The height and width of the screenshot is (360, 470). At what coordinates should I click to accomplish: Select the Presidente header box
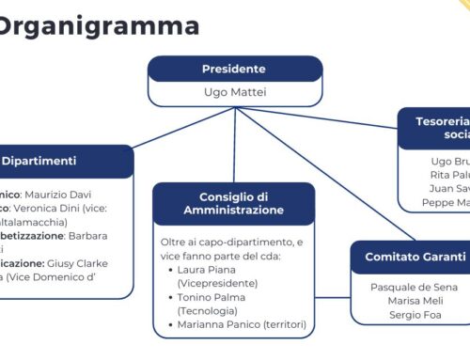[x=234, y=69]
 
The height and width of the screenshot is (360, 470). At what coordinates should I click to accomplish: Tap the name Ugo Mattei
[x=234, y=92]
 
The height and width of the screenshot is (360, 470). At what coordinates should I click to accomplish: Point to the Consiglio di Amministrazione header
[x=234, y=203]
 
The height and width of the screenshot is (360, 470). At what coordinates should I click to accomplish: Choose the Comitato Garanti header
[x=415, y=257]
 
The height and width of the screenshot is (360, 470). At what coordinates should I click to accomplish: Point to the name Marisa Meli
[x=415, y=300]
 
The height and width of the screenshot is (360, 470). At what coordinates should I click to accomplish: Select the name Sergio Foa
[x=415, y=315]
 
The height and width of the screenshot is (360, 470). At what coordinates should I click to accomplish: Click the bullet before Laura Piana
[x=167, y=269]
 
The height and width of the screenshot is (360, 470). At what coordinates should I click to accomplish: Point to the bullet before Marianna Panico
[x=167, y=324]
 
